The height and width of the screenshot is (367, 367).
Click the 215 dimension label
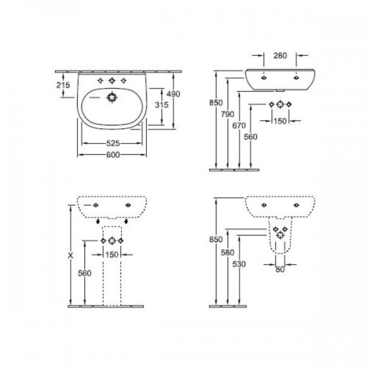[x=63, y=85]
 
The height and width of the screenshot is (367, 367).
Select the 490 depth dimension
[x=173, y=94]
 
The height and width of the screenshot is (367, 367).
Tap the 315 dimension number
[x=161, y=105]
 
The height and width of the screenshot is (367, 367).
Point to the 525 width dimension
[x=113, y=143]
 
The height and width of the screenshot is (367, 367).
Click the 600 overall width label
[x=113, y=155]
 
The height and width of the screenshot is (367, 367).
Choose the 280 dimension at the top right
[x=280, y=56]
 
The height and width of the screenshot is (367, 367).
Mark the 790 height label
[x=228, y=114]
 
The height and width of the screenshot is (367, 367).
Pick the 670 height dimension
[x=239, y=126]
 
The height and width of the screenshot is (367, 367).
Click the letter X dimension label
[x=70, y=256]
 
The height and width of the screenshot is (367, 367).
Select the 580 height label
[x=228, y=253]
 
